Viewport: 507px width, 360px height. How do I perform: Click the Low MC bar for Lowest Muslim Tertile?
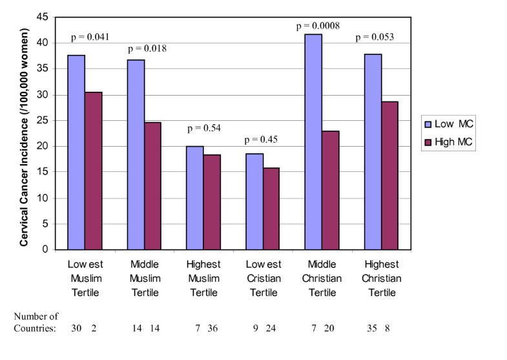click(x=76, y=152)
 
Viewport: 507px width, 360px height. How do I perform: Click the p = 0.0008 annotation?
click(x=318, y=26)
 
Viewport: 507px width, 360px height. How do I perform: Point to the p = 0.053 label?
click(x=375, y=37)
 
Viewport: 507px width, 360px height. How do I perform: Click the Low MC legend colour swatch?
click(x=428, y=124)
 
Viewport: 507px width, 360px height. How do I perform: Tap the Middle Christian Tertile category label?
click(x=322, y=278)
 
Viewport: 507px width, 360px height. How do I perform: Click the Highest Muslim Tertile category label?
click(x=203, y=278)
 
